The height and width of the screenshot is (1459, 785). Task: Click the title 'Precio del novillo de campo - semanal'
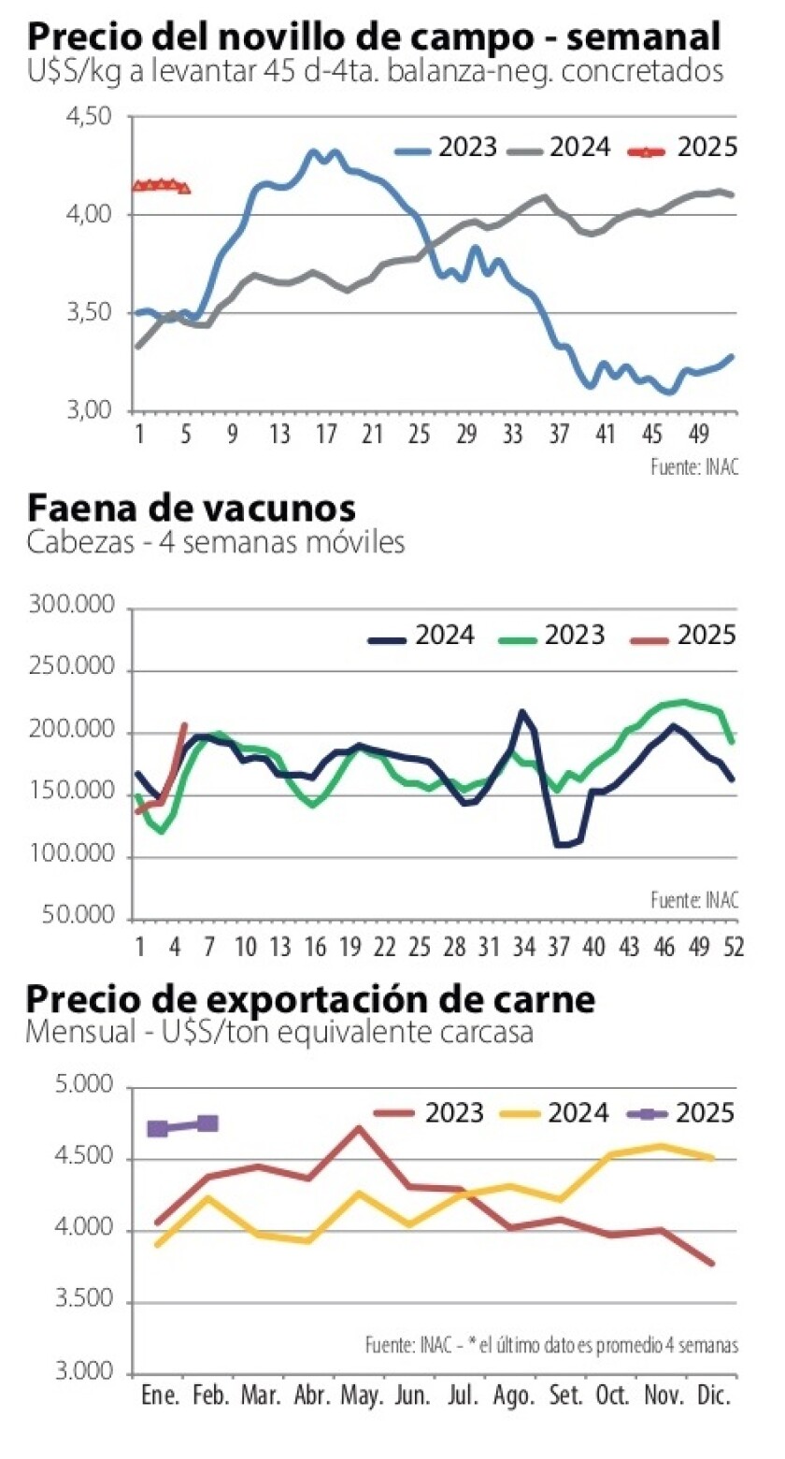pos(374,38)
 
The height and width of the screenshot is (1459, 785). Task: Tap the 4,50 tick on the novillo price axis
pos(90,117)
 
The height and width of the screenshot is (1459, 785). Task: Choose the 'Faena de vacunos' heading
pos(192,509)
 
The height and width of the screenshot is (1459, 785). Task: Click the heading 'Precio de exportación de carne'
pos(310,1000)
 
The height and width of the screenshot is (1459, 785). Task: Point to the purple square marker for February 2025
pos(207,1123)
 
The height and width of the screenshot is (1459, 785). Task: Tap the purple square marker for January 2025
pos(158,1128)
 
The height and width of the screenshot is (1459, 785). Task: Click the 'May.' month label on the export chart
pos(362,1396)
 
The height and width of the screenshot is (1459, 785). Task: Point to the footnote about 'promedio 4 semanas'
pos(552,1346)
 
